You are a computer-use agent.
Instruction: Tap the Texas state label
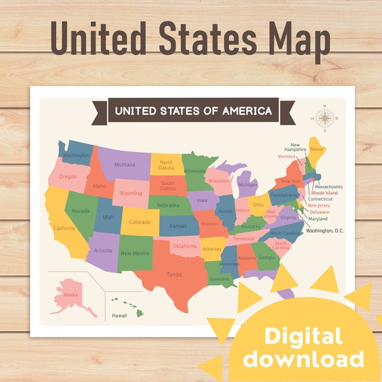[x=174, y=274]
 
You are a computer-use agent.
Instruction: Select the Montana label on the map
[x=125, y=165]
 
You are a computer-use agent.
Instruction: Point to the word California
[x=64, y=228]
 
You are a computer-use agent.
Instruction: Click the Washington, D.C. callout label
[x=325, y=230]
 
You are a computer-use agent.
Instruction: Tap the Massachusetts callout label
[x=328, y=187]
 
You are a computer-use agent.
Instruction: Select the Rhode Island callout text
[x=324, y=193]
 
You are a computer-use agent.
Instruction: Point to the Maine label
[x=317, y=150]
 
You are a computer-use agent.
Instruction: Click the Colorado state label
[x=140, y=223]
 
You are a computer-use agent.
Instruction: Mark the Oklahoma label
[x=185, y=246]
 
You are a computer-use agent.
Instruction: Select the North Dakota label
[x=167, y=165]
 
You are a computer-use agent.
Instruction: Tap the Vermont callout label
[x=286, y=156]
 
